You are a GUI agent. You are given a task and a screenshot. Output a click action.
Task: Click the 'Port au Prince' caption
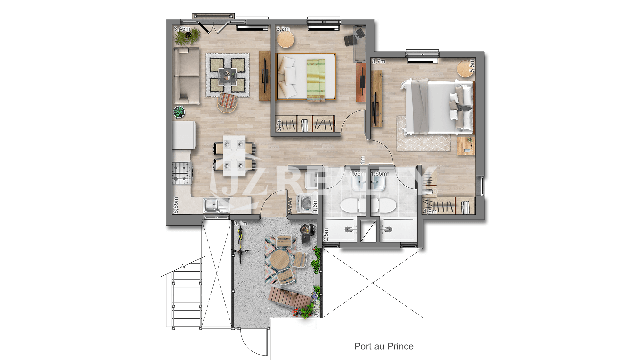coord(384,346)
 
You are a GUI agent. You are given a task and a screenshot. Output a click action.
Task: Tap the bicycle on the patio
coord(240,245)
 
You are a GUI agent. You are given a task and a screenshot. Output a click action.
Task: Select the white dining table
coord(234,156)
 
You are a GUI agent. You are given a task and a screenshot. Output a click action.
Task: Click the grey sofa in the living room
coord(186,76)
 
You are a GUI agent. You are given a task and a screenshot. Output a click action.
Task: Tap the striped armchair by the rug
coord(228,102)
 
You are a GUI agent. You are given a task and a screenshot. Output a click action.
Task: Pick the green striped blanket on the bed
coord(316,80)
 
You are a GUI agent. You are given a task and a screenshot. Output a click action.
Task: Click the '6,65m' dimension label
coord(176,205)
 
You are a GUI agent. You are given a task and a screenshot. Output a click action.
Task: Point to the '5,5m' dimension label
coord(472,65)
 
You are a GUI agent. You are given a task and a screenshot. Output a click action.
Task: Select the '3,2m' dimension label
coord(283,29)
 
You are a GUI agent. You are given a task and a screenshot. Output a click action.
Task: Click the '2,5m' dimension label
coord(326,234)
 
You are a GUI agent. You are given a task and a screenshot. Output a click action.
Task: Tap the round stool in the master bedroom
coord(465,69)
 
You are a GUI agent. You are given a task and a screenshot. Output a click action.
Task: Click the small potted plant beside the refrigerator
coord(179,112)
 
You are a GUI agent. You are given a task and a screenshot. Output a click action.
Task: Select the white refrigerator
coord(184,135)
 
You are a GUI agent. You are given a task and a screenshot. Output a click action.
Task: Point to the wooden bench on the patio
coord(288,297)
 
